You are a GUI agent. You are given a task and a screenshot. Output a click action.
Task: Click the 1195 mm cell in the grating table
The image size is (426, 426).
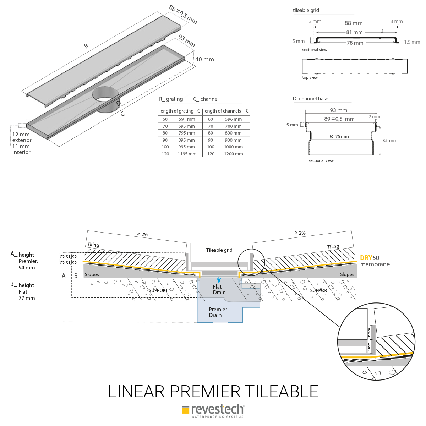(187, 154)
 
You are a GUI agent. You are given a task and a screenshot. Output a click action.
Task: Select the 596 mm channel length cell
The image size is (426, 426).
(233, 119)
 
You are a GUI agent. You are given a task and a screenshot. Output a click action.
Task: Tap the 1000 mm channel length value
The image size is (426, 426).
(233, 147)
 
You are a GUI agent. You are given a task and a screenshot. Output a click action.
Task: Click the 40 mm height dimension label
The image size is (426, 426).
(204, 60)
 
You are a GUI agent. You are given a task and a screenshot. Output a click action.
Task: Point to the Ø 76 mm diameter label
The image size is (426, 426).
(339, 137)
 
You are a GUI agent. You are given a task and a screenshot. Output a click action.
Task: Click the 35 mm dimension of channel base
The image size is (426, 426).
(390, 141)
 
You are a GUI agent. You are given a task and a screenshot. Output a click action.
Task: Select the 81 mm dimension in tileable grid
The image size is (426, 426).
(354, 32)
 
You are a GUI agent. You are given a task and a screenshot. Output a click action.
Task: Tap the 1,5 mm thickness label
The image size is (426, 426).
(412, 42)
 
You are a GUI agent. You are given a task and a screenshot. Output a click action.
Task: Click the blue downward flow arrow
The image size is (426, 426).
(219, 280)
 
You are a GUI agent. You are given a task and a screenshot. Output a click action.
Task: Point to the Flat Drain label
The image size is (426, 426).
(219, 290)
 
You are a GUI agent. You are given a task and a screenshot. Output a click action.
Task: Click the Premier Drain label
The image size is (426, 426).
(218, 312)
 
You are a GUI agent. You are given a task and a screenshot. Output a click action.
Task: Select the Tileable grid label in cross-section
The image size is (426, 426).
(219, 250)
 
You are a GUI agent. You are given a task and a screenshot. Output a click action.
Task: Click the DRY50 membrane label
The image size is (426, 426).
(375, 261)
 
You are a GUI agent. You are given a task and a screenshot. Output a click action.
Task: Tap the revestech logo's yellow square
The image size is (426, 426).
(185, 410)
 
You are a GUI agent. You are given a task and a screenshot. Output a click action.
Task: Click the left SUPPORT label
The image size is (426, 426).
(158, 290)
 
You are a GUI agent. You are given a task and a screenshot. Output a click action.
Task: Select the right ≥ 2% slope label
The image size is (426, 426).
(300, 233)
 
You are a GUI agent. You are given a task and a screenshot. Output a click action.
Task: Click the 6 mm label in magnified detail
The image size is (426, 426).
(369, 332)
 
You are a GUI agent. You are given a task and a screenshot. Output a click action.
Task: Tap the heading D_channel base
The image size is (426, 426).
(310, 99)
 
